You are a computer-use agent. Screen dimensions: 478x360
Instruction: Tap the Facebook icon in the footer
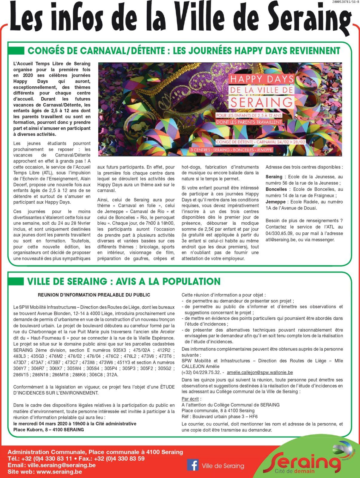[193, 465]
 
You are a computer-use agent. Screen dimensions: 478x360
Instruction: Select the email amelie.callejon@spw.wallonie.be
[260, 373]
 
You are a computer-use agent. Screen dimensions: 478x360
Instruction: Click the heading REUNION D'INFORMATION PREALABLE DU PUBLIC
[94, 295]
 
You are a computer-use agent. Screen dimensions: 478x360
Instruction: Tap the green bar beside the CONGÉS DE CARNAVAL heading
[16, 50]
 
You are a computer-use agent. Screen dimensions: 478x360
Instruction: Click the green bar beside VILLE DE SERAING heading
[16, 281]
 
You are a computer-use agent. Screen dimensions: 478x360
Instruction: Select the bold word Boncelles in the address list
[276, 189]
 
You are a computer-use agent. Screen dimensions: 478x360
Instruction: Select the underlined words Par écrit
[191, 399]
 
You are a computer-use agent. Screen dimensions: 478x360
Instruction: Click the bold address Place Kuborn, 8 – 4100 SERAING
[49, 430]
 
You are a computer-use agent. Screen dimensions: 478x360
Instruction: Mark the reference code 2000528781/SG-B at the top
[345, 2]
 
